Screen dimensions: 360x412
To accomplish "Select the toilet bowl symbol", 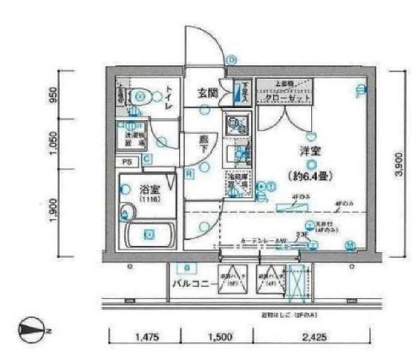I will (142, 97).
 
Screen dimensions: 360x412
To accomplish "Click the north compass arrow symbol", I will (29, 326).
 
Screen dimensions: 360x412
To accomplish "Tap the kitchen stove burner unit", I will (236, 125).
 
